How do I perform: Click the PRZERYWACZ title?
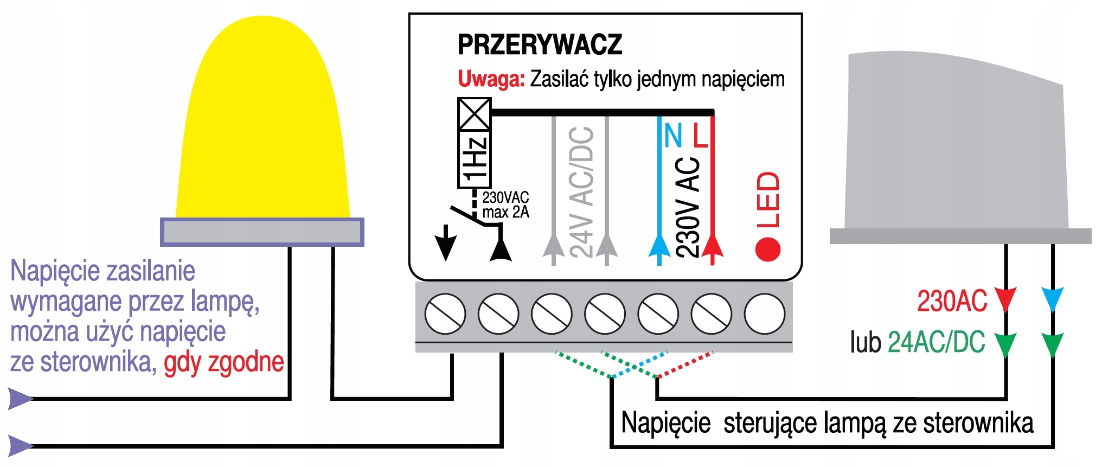[x=540, y=45]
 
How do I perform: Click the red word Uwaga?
[x=491, y=79]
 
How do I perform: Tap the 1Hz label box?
[x=475, y=159]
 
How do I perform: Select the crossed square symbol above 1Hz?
[x=475, y=114]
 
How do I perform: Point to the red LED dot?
[x=767, y=250]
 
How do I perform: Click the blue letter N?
[x=673, y=136]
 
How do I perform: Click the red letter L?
[x=701, y=136]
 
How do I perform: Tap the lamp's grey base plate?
[x=262, y=232]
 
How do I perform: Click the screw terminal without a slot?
[x=765, y=314]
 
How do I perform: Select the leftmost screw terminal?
[x=445, y=314]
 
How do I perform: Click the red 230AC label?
[x=952, y=301]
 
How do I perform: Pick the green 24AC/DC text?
[x=936, y=342]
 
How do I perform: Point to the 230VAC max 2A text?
[x=505, y=204]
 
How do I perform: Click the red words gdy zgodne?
[x=223, y=362]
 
